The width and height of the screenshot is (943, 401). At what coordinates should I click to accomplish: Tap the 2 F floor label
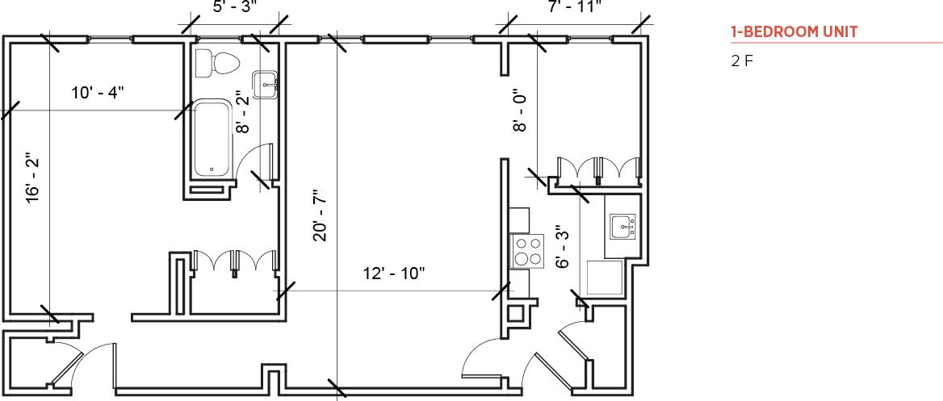742,61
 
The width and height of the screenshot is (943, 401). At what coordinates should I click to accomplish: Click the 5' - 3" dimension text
234,7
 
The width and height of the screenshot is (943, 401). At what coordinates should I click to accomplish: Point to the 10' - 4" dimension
97,92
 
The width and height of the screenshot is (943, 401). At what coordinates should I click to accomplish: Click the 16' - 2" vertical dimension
33,178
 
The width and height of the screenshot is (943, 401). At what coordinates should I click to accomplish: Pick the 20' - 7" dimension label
321,215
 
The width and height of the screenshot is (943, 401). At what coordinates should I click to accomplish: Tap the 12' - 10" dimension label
394,274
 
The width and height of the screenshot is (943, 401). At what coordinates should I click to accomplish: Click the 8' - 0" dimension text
521,111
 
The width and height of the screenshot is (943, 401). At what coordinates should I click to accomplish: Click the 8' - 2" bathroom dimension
241,111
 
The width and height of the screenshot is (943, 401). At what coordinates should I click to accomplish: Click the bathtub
212,138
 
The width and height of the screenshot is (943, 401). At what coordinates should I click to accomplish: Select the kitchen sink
622,227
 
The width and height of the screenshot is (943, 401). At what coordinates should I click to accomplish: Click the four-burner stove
528,250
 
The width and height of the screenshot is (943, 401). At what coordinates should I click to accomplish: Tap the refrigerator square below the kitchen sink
604,278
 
